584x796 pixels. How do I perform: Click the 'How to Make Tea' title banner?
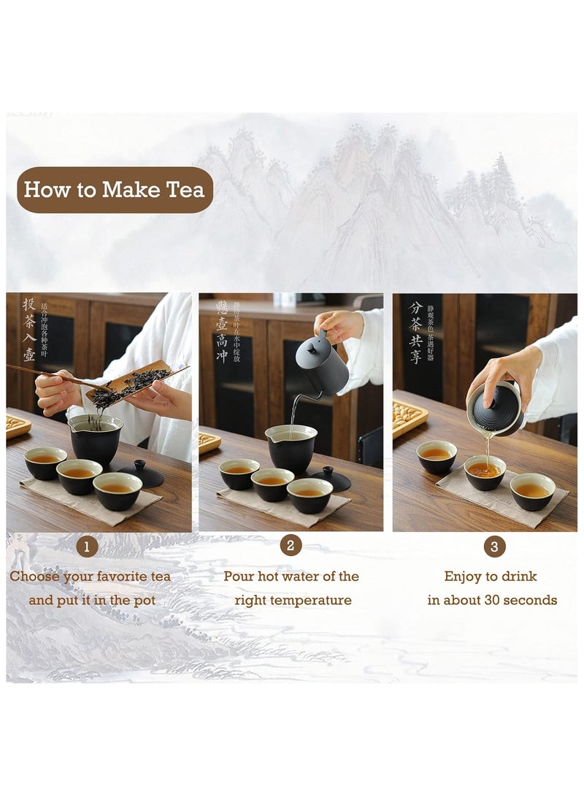[x=115, y=190]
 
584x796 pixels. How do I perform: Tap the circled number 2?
[x=290, y=545]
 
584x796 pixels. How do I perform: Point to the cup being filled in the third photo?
[x=485, y=472]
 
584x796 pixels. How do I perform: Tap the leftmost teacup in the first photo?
[x=45, y=463]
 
